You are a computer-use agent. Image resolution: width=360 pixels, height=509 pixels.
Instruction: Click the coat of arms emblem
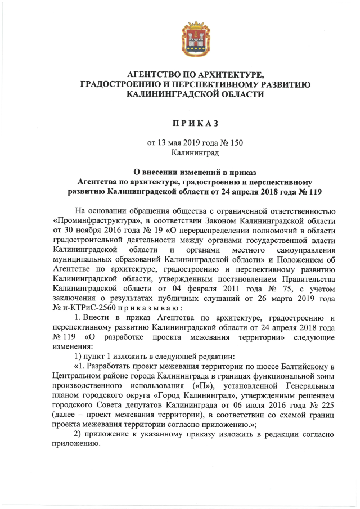point(194,38)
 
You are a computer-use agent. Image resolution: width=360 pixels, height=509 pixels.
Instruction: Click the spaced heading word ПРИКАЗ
point(195,122)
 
